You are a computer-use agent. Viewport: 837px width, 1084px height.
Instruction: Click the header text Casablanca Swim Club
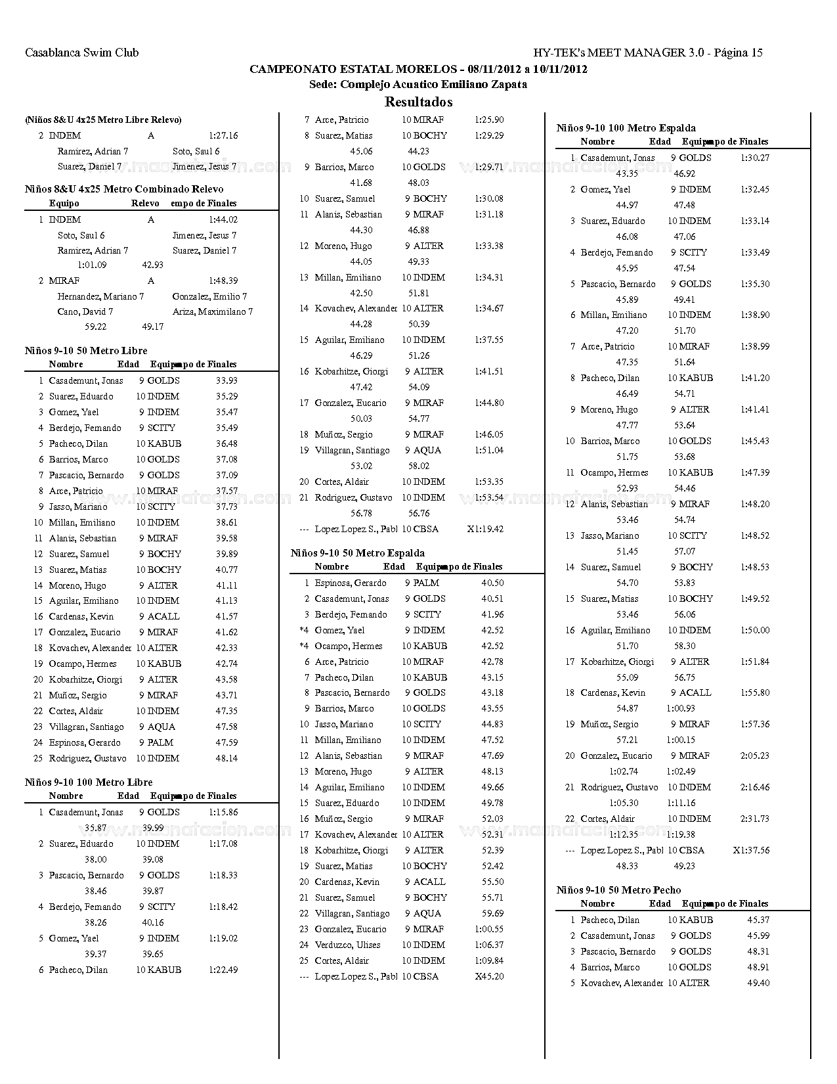81,53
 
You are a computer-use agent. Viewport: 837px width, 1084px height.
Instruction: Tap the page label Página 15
738,53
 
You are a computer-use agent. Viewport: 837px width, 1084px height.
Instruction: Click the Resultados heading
418,102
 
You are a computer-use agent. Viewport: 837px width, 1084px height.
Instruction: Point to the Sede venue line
418,84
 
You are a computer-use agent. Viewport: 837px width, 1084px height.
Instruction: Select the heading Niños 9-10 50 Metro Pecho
618,890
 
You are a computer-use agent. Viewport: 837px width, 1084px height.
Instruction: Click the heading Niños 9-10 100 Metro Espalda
626,127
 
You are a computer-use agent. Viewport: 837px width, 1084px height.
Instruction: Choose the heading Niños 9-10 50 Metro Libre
86,350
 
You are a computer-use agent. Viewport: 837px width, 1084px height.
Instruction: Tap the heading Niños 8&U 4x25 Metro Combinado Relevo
124,189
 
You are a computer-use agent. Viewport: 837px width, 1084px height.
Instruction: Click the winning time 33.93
226,380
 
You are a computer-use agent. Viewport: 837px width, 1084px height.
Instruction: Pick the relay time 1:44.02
223,219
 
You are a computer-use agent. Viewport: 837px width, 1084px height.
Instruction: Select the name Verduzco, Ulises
347,945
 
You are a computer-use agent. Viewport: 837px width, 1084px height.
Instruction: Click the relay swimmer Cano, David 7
85,311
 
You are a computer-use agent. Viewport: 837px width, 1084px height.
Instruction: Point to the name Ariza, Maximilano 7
213,311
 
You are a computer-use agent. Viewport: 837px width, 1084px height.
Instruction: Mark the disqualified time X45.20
489,976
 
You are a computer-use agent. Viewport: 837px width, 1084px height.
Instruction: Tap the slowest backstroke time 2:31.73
755,819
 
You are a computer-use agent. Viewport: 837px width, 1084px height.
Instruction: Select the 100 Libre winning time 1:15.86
223,812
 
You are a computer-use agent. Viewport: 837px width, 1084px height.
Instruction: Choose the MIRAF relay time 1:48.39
223,281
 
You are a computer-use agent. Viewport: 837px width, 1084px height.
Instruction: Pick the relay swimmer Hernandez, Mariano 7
100,296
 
